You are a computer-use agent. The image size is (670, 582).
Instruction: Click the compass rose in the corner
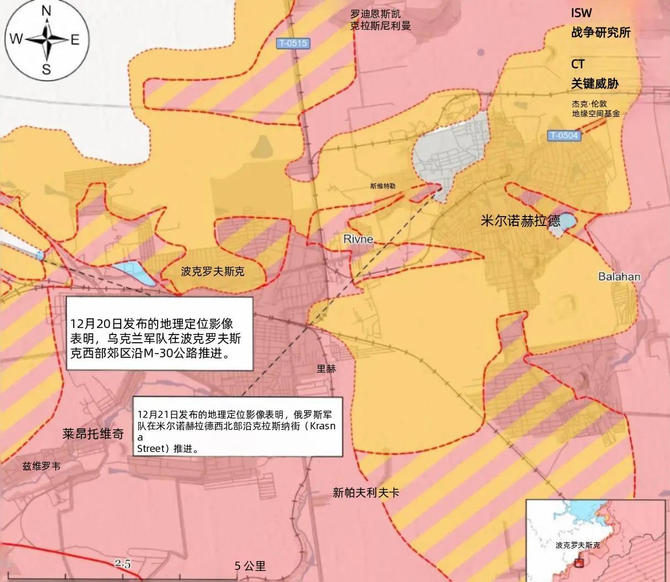click(x=46, y=39)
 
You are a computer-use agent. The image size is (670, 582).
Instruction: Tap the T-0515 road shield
click(x=293, y=43)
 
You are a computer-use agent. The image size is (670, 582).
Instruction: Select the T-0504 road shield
click(x=564, y=136)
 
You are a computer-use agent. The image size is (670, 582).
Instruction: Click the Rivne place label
click(x=358, y=239)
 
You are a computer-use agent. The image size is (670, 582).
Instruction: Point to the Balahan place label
click(x=619, y=276)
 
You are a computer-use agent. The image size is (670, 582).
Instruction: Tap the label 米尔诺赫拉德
click(x=520, y=222)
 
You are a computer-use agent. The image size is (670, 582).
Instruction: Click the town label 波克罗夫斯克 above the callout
click(x=212, y=272)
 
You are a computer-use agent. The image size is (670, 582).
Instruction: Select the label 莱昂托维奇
click(x=93, y=434)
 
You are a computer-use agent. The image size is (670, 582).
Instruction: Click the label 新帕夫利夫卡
click(x=366, y=493)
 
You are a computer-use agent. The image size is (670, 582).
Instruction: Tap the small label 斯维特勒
click(x=382, y=186)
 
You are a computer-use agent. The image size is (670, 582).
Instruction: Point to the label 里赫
click(x=326, y=369)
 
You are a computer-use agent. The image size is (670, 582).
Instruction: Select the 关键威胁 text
click(x=595, y=83)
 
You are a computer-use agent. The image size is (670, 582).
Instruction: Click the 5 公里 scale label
click(x=250, y=566)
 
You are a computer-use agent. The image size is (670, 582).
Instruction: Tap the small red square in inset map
click(x=579, y=563)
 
